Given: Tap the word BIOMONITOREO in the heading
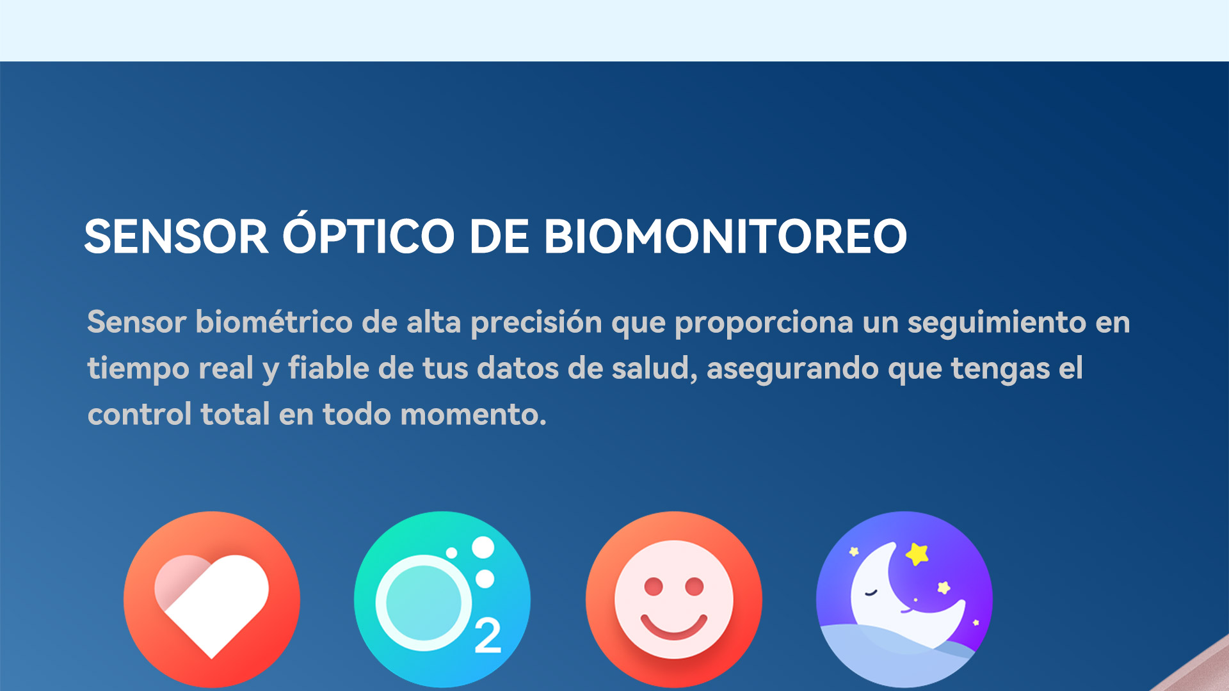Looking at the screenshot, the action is coord(725,236).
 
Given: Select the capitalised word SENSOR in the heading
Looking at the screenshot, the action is coord(176,236).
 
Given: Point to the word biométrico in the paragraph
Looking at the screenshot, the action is coord(274,321).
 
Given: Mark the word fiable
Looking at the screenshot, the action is coord(328,368).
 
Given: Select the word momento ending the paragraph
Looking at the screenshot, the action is coord(473,415).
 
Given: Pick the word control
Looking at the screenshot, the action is coord(140,414).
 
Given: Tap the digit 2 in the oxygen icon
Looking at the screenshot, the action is coord(488,636).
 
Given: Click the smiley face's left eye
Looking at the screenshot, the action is coord(654,586).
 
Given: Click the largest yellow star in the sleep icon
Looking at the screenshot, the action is coord(917,553).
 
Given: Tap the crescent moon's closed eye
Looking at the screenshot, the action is coord(871,592).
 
